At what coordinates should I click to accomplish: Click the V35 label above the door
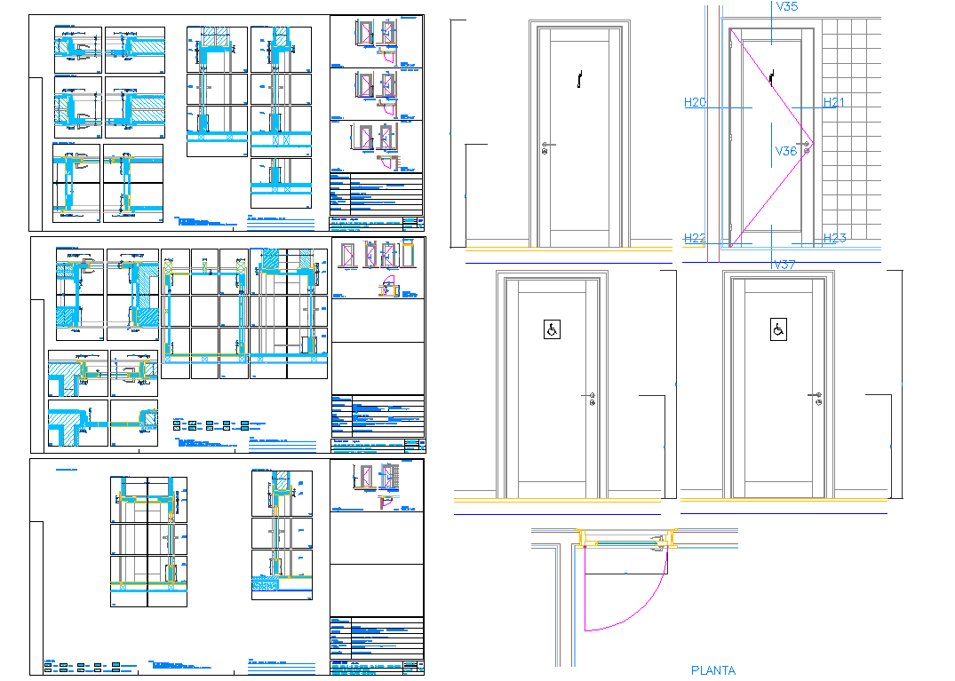point(785,7)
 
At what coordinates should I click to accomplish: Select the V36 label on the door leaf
point(785,152)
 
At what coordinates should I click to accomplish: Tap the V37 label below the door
point(784,265)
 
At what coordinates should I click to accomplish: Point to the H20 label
point(695,103)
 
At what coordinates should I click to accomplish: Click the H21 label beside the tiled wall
point(833,103)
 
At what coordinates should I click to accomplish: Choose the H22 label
point(695,238)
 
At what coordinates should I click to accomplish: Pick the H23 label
point(834,238)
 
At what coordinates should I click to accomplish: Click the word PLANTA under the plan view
point(713,670)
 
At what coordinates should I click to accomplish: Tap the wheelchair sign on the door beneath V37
point(778,330)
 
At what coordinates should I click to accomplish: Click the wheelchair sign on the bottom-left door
point(552,330)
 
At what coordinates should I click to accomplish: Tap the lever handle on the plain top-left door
point(546,145)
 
